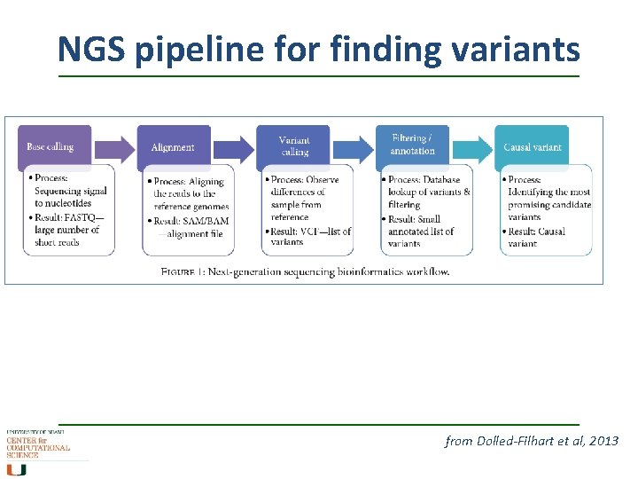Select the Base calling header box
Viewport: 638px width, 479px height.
(54, 147)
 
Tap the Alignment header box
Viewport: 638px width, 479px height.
(174, 147)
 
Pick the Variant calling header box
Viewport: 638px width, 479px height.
(293, 147)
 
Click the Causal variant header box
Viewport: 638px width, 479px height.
(533, 147)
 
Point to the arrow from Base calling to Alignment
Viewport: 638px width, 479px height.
(114, 146)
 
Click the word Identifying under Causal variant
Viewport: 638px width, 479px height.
(535, 192)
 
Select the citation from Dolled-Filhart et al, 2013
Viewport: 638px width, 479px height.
(532, 441)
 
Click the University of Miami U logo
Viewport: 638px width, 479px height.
(18, 469)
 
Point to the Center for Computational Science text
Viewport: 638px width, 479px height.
(37, 447)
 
